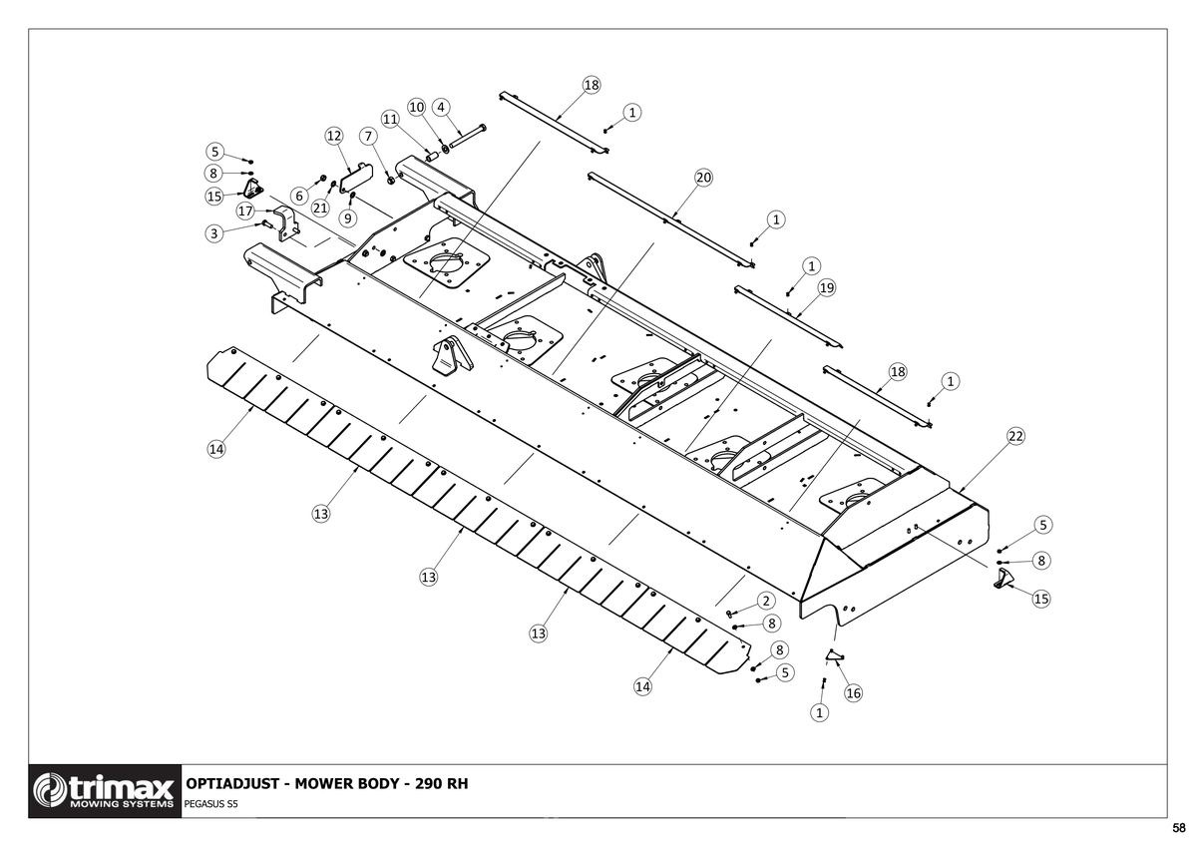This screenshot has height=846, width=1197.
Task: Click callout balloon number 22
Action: coord(1015,436)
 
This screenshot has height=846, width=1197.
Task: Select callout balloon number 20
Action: coord(703,178)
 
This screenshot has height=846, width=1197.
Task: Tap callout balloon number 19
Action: coord(827,288)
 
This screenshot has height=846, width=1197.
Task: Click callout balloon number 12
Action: coord(334,136)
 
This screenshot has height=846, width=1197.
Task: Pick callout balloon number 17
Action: coord(245,211)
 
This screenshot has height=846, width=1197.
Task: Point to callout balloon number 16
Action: coord(854,693)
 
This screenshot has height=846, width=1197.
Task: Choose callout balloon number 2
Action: coord(766,601)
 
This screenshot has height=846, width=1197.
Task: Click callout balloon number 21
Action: coord(320,208)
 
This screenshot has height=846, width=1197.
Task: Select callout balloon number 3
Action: coord(214,233)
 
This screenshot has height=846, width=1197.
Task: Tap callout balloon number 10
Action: coord(416,107)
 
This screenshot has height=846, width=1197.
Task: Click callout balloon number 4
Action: coord(441,107)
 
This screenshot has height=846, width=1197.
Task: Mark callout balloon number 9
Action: coord(348,218)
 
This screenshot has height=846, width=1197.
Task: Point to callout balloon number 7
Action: coord(368,137)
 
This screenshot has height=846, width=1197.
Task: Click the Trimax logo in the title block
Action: coord(105,791)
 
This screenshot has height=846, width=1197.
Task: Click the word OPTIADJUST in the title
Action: coord(232,783)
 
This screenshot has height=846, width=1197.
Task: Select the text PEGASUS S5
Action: coord(210,804)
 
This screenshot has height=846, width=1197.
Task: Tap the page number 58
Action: coord(1179,828)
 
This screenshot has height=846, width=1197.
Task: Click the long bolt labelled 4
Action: coord(468,136)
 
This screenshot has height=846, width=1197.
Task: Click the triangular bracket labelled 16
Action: coord(834,654)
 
